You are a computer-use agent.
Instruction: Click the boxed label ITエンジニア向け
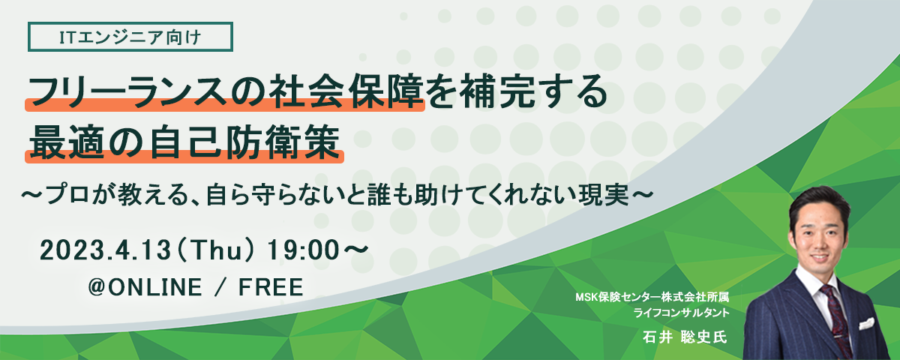click(130, 37)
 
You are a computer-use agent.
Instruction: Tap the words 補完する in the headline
click(532, 92)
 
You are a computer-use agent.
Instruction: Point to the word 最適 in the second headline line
click(67, 142)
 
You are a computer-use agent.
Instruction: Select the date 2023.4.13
click(105, 250)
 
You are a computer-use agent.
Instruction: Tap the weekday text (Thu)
click(216, 250)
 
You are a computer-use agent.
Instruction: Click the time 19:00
click(304, 250)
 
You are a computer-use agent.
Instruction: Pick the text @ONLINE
click(145, 286)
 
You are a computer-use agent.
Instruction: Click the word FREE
click(271, 286)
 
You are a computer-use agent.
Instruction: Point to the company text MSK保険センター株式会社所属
click(652, 297)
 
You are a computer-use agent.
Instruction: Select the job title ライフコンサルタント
click(682, 313)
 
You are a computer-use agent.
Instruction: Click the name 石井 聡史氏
click(685, 337)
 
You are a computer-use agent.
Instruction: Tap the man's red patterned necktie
click(837, 317)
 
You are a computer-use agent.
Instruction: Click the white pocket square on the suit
click(867, 324)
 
